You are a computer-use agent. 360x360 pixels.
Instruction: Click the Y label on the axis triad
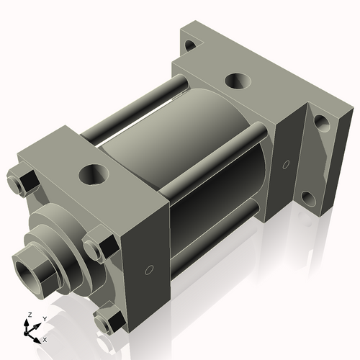(x=44, y=318)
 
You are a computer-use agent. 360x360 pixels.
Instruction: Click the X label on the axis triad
(x=45, y=338)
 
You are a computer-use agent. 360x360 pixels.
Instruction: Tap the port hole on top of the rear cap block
(x=235, y=81)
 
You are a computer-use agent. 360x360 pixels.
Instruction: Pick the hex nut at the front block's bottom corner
(x=108, y=320)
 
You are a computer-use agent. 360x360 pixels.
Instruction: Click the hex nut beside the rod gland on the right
(x=99, y=247)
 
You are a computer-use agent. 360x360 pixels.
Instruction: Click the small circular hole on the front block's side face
(x=149, y=271)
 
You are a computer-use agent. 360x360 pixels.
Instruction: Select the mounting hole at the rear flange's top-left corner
(x=191, y=45)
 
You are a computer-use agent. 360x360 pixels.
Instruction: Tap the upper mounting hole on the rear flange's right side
(x=321, y=123)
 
